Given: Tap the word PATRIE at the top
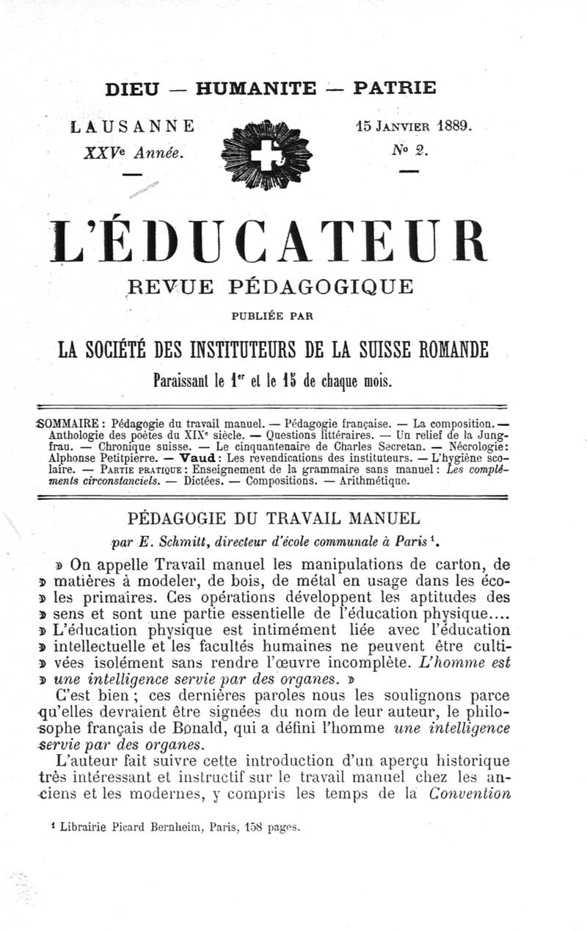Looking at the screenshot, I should coord(395,89).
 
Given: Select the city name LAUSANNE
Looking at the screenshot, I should coord(133,126).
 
